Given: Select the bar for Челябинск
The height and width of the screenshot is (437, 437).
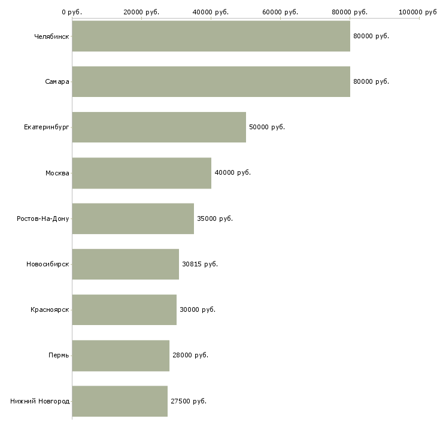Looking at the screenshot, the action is [x=211, y=36].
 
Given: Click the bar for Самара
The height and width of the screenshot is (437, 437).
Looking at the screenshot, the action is [x=211, y=81].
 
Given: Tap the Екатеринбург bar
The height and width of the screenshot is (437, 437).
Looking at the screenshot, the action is [x=159, y=128].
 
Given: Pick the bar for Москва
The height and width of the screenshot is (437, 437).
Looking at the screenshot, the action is [x=142, y=173].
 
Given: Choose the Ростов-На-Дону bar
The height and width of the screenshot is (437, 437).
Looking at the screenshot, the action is [x=133, y=218].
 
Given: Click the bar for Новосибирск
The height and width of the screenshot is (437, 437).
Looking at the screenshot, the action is [x=126, y=264].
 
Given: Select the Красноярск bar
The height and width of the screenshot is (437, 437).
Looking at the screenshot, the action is [x=125, y=309].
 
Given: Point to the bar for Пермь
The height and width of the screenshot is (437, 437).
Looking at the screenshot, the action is [x=121, y=356].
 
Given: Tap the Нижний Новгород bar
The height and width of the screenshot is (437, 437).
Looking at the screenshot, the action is [x=120, y=401].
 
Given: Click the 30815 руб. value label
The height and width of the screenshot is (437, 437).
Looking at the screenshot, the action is [x=200, y=264].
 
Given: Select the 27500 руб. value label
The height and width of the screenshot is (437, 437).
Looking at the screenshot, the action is [x=189, y=401].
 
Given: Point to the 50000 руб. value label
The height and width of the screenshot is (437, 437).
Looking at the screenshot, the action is [x=267, y=127].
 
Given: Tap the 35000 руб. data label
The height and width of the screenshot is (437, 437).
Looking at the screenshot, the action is [x=215, y=218].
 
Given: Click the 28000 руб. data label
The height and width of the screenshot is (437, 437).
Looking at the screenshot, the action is [x=190, y=356].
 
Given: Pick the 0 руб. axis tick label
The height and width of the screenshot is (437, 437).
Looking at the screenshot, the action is [x=72, y=12].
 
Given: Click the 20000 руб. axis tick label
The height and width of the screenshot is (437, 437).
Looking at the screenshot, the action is [x=141, y=12].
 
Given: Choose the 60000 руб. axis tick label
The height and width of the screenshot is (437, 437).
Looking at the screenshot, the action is [x=280, y=12].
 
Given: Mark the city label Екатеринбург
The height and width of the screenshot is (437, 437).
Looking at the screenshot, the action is [x=46, y=128].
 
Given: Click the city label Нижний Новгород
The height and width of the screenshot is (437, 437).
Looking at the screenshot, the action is [x=40, y=401].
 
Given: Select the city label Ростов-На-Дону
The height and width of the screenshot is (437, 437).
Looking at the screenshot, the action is [x=43, y=218].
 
